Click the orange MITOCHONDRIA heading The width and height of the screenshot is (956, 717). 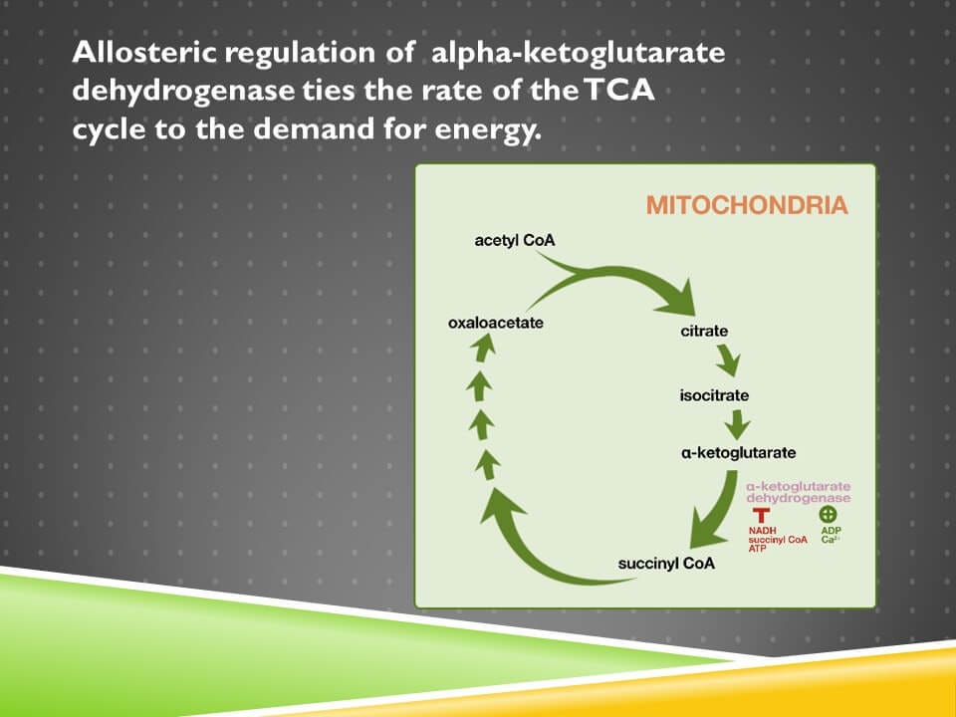coord(747,206)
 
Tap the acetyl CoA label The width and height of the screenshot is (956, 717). coord(515,241)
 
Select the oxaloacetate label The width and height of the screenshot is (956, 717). coord(495,323)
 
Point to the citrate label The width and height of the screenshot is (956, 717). coord(704,331)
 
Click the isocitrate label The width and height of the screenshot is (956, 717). coord(714,395)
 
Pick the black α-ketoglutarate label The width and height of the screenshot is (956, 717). coord(738,453)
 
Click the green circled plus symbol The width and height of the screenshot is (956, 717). coord(828,514)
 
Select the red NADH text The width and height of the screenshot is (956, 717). coord(762,531)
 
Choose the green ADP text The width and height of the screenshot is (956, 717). coord(829,531)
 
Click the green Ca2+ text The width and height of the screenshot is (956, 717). coord(830,540)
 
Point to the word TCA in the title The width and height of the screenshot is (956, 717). coord(621,92)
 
